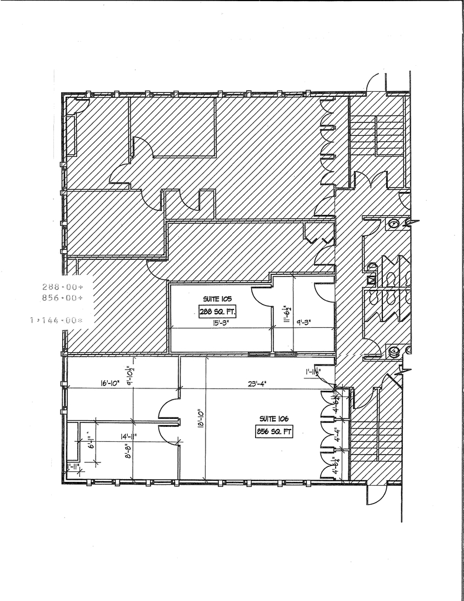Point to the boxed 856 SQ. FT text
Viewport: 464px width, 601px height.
pyautogui.click(x=273, y=432)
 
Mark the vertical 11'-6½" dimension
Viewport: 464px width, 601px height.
pyautogui.click(x=286, y=313)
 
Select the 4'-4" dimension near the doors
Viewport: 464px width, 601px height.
pyautogui.click(x=337, y=436)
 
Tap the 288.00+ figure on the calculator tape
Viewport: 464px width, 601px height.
pyautogui.click(x=62, y=287)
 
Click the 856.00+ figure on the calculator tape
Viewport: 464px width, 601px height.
pyautogui.click(x=62, y=298)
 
